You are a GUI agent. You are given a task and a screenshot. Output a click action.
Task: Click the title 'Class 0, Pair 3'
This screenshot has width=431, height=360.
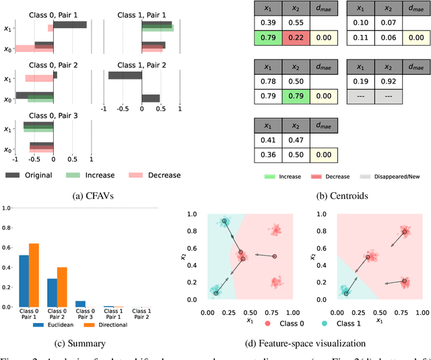point(53,115)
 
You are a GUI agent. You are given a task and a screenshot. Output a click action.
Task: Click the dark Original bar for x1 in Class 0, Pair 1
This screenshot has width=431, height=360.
point(69,25)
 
